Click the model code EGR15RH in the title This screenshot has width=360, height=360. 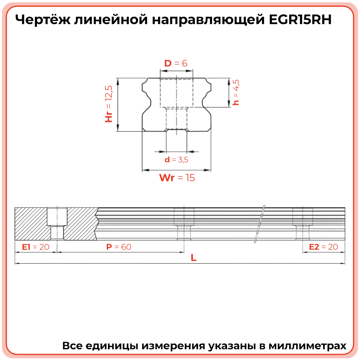click(x=298, y=20)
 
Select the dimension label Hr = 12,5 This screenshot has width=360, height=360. click(x=109, y=104)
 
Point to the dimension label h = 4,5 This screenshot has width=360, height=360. click(x=236, y=92)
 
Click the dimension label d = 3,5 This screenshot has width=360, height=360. click(x=176, y=160)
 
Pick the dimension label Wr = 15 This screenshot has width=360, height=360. click(x=177, y=178)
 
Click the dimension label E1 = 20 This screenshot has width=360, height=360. click(x=36, y=247)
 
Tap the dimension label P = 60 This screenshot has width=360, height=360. click(x=119, y=247)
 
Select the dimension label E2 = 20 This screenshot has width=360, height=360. click(x=324, y=247)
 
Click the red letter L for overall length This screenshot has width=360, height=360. click(x=194, y=258)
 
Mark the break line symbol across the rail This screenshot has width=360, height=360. click(x=260, y=224)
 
